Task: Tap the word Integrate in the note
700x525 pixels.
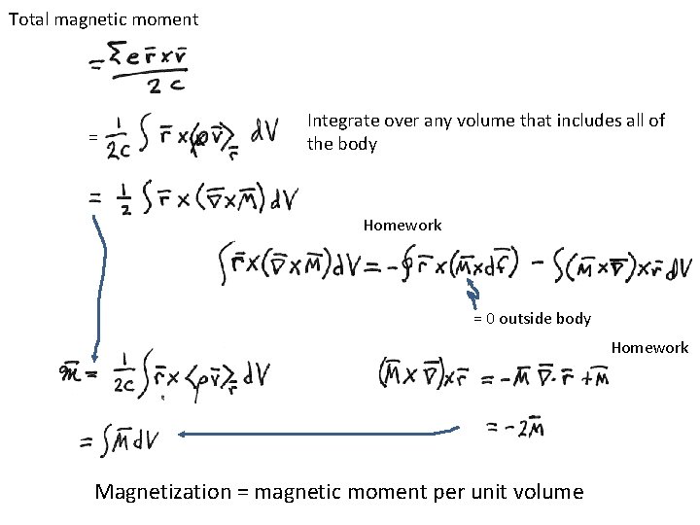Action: (340, 121)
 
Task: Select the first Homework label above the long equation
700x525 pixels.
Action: (402, 226)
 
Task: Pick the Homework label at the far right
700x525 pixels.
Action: (649, 347)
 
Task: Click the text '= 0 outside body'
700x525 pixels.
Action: (532, 318)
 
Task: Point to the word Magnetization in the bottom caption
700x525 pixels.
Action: (161, 492)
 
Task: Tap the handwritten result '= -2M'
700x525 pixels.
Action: (512, 426)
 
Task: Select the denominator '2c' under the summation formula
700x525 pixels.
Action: (159, 88)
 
